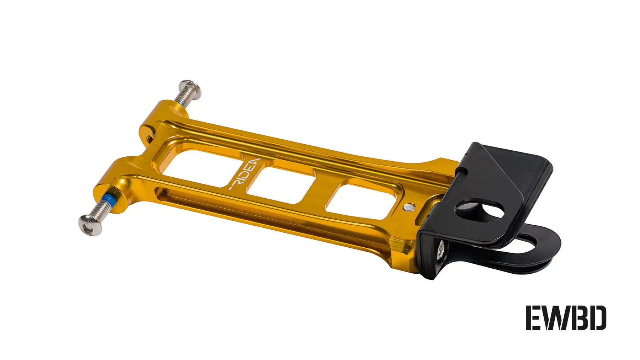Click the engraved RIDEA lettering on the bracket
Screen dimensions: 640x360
[244, 174]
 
